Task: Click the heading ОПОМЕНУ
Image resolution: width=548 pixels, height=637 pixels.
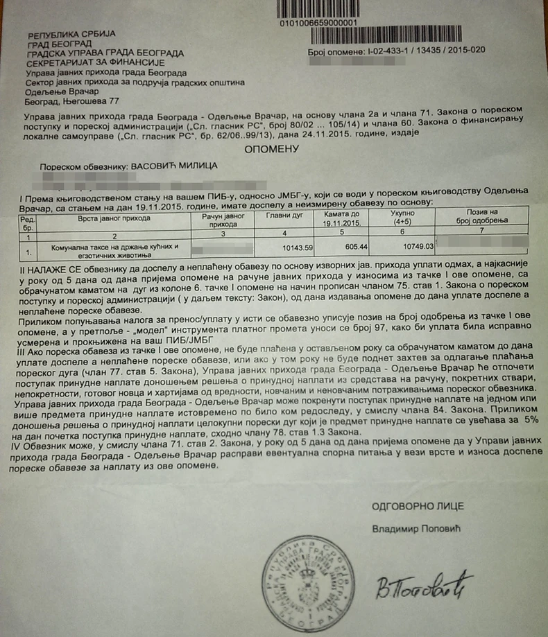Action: click(x=271, y=148)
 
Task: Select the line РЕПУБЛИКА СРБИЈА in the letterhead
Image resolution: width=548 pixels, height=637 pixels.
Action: click(x=71, y=34)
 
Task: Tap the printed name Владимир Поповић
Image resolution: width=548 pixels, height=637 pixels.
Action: click(x=416, y=529)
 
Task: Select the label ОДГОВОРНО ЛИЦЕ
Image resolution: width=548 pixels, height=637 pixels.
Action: click(x=418, y=506)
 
